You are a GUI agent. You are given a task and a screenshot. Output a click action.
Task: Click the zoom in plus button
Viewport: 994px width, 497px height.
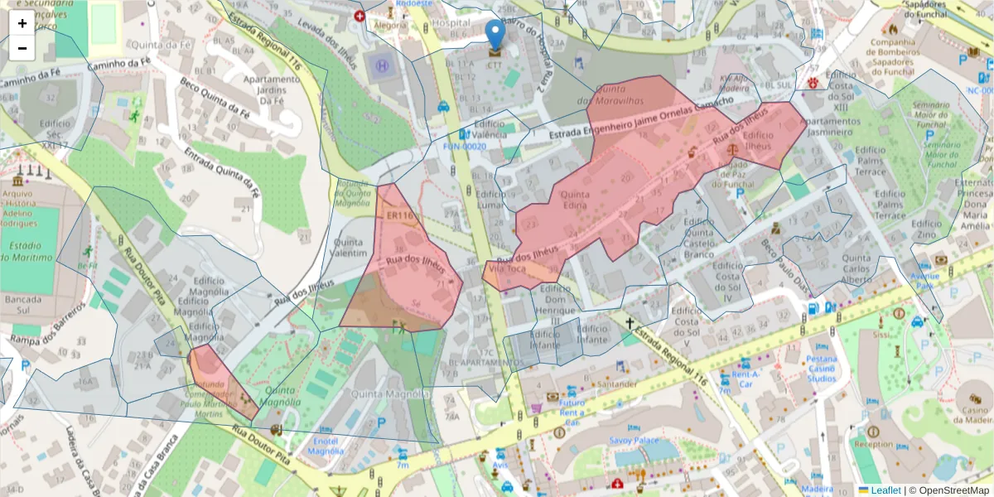click(x=22, y=22)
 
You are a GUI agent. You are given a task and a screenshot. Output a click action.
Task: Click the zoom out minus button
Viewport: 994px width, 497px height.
click(x=22, y=48)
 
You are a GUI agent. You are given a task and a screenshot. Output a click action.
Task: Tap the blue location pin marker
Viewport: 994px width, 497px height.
click(x=495, y=35)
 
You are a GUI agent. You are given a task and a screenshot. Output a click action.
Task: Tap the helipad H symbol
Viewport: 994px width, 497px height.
click(x=382, y=65)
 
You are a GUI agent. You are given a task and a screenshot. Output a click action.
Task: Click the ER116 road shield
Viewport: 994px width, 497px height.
click(x=399, y=215)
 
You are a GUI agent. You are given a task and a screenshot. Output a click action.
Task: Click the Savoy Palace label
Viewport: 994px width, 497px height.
click(x=634, y=441)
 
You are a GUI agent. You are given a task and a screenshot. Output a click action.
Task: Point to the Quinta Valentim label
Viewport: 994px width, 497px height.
click(x=349, y=248)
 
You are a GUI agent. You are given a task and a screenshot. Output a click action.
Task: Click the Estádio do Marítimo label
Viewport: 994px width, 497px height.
click(x=30, y=252)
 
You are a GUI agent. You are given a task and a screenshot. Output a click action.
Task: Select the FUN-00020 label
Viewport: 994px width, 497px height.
click(x=465, y=146)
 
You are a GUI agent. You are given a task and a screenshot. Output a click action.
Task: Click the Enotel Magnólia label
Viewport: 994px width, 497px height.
click(x=325, y=446)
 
